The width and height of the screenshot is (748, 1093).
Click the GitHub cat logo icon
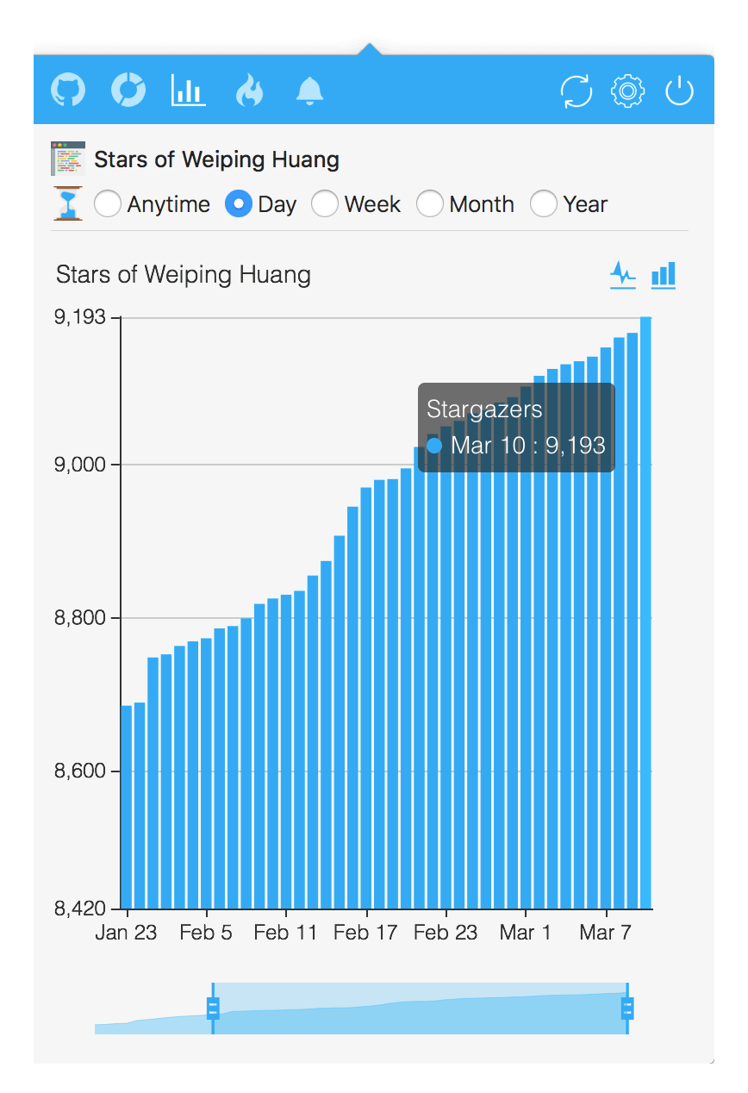click(68, 90)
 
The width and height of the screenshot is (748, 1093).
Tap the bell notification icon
click(309, 90)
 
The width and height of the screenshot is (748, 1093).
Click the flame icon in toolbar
click(249, 90)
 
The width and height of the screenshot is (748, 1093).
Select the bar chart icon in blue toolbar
click(189, 90)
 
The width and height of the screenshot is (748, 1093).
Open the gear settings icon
click(627, 90)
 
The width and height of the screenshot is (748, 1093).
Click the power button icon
click(679, 90)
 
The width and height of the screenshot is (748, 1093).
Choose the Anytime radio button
click(108, 204)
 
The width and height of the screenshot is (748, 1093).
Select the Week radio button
click(325, 204)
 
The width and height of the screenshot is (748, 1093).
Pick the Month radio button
click(430, 204)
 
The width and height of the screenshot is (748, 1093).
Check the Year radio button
click(544, 204)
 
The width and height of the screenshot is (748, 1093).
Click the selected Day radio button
click(239, 204)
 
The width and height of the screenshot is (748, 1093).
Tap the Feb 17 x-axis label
click(365, 933)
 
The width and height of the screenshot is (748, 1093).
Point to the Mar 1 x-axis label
click(525, 933)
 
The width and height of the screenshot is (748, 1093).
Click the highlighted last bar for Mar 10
click(645, 612)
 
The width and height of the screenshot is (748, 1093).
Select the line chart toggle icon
click(623, 275)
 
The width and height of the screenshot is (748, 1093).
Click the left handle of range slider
click(213, 1008)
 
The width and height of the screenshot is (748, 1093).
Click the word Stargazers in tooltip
click(484, 409)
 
